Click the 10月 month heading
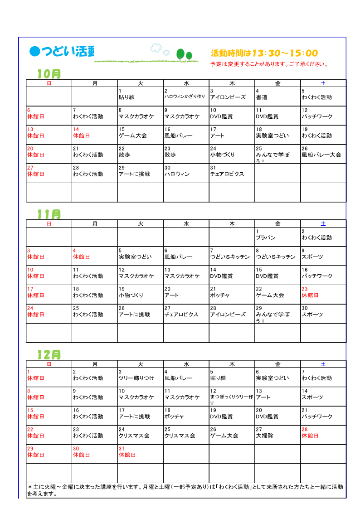49,73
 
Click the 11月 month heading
49,214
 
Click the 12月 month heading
49,354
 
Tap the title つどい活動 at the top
62,52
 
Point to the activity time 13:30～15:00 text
264,53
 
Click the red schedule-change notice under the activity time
269,64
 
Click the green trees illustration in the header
184,55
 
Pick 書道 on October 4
262,97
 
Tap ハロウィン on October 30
177,174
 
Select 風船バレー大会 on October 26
321,155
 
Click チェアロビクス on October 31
227,174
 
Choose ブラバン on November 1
266,238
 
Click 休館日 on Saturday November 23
310,295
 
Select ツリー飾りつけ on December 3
136,378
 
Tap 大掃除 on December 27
264,436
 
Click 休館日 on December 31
127,455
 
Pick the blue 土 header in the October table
323,83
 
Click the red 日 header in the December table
49,364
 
